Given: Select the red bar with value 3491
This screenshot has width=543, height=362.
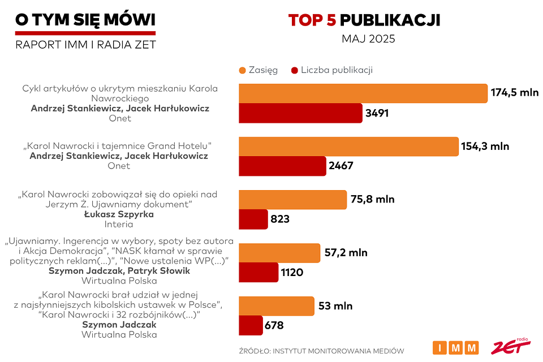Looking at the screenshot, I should point(300,113).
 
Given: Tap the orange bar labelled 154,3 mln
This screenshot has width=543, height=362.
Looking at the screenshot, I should point(348,146).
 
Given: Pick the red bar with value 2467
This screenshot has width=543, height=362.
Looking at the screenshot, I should point(282,166).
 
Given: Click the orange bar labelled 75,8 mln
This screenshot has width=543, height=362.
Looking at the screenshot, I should point(292,200).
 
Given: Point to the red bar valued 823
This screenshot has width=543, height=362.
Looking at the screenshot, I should point(253,219).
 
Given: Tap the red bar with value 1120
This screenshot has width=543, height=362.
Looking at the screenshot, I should point(258,272).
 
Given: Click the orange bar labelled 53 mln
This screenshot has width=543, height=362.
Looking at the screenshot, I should point(277,306).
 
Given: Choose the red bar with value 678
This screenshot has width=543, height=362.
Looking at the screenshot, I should point(251,325).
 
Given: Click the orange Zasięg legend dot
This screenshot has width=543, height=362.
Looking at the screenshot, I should point(243,70).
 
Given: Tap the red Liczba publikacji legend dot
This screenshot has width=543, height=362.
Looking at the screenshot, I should point(294,70).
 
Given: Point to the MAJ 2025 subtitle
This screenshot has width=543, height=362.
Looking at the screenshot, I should point(368,40).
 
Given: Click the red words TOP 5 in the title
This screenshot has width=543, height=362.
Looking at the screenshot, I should point(312,20).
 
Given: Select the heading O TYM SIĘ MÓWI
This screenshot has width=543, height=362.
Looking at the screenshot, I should point(85,20).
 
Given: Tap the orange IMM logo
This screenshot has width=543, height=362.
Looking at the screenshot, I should point(455,347).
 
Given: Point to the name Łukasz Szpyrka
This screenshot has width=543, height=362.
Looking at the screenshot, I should point(119,214).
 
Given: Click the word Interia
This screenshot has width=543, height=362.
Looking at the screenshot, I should point(118,225).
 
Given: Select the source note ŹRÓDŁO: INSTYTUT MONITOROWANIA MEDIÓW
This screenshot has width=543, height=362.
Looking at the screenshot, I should point(322,351).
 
